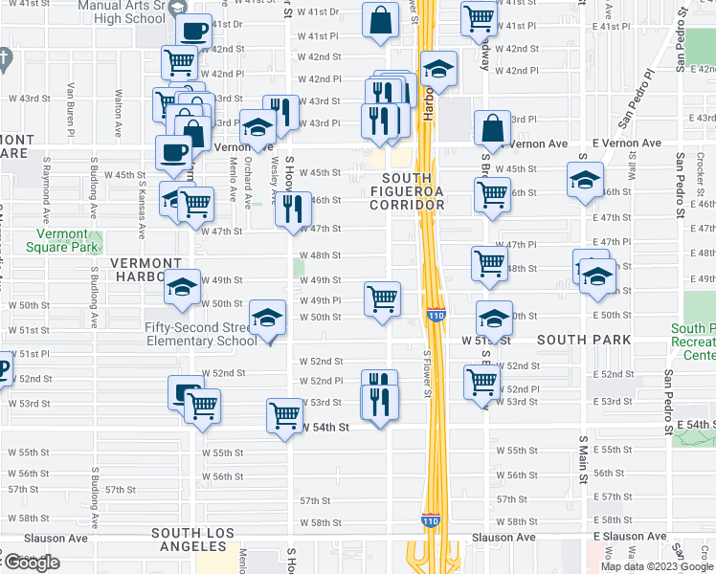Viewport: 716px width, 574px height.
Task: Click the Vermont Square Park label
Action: (x=68, y=240)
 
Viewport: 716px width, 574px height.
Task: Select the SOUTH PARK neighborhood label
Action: (x=583, y=340)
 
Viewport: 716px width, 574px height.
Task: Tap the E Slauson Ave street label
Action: (x=627, y=537)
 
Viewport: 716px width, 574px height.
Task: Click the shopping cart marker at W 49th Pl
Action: (x=382, y=298)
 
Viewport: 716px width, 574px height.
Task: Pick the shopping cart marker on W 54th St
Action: (x=284, y=415)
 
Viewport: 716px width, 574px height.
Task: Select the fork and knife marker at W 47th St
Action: (x=293, y=209)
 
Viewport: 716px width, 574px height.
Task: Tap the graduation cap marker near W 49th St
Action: (x=181, y=288)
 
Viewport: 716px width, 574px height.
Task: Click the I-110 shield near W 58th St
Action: (x=430, y=521)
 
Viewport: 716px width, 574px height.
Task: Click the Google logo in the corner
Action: (x=32, y=563)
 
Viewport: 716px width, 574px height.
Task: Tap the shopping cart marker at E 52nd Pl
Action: (x=481, y=382)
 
